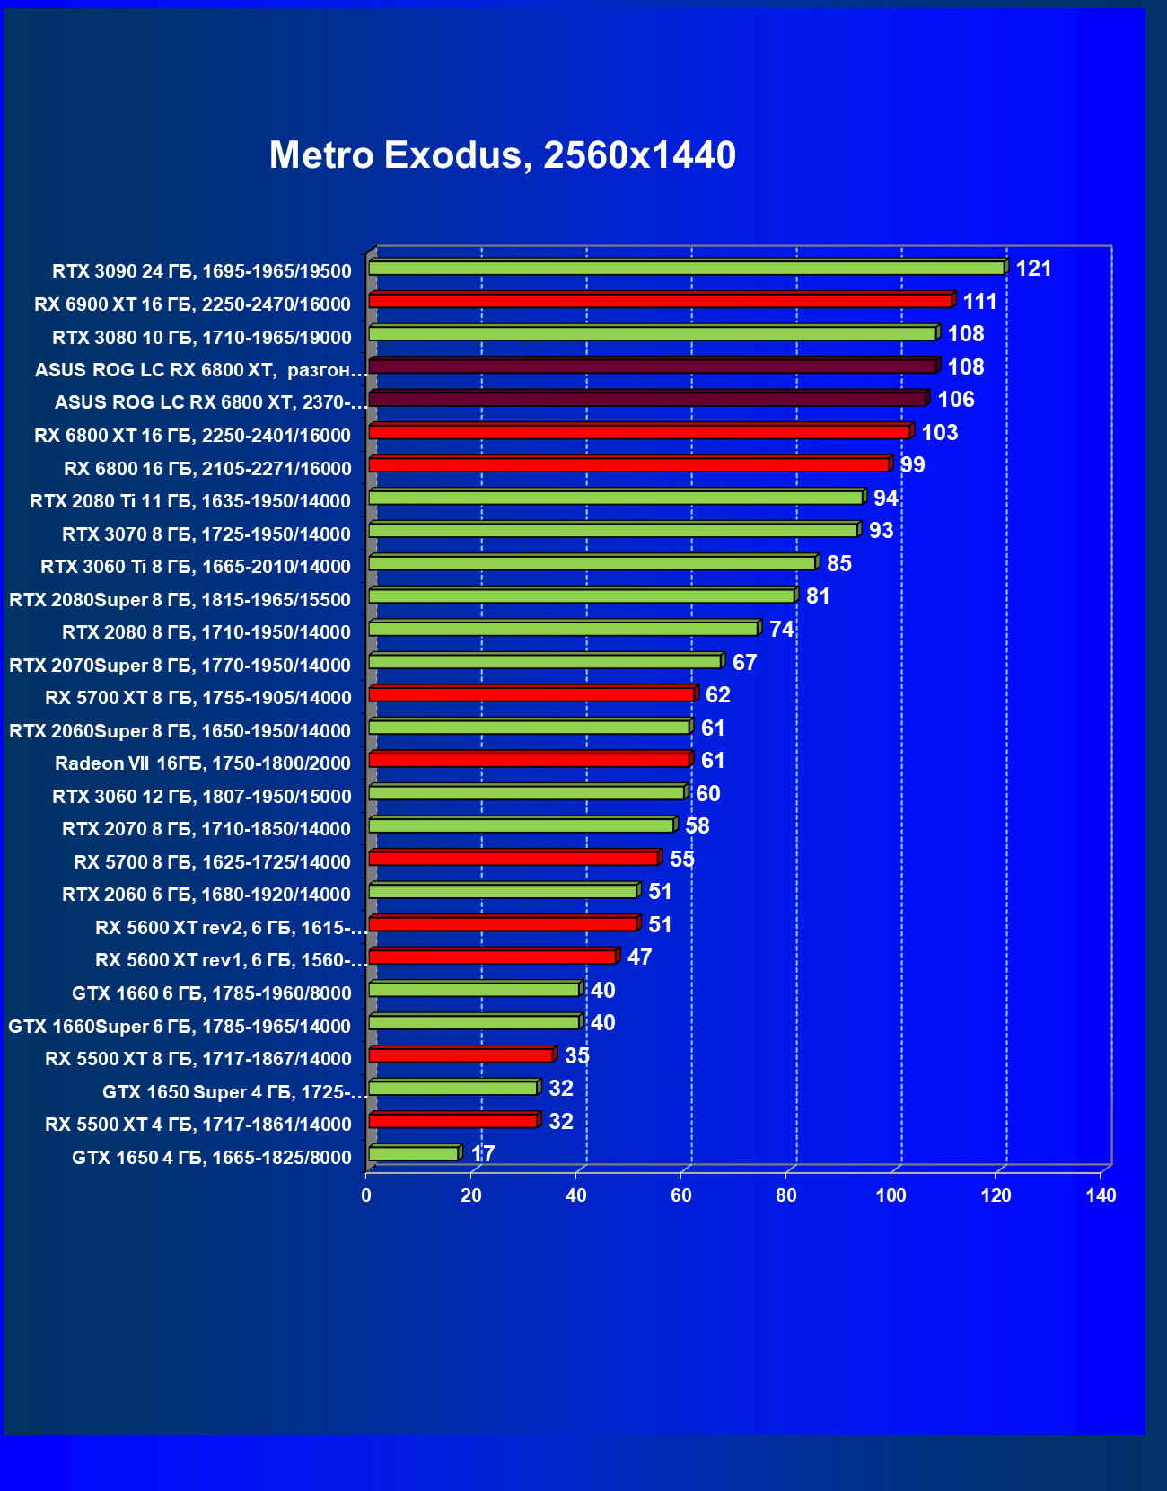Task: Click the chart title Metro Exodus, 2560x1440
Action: (x=503, y=155)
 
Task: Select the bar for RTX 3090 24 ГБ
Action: (x=687, y=268)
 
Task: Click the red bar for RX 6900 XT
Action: (x=661, y=300)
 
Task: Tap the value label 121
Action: (x=1033, y=269)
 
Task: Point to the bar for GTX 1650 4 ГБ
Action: (x=414, y=1153)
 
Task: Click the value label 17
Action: (x=483, y=1154)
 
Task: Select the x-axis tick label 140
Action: (x=1101, y=1195)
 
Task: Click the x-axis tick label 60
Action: (x=681, y=1195)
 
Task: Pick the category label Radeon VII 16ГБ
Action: (x=203, y=763)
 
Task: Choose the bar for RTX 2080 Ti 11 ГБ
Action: (x=617, y=498)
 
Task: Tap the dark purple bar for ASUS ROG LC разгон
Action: (x=653, y=366)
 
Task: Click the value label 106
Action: (x=956, y=400)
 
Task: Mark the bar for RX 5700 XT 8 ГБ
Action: (x=532, y=694)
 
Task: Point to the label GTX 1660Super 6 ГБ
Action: (x=180, y=1026)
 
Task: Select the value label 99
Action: (x=912, y=465)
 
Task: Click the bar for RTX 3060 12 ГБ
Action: (x=527, y=792)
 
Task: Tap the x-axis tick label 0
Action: (x=366, y=1195)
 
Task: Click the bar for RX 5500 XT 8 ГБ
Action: (x=461, y=1054)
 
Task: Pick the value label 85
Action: (x=839, y=564)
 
